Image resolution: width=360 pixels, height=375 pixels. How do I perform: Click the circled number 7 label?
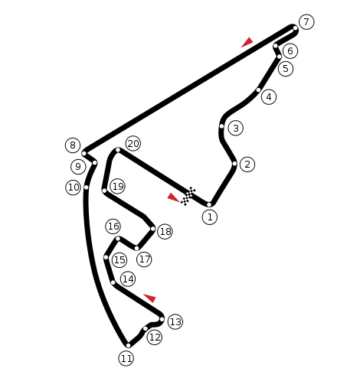306,22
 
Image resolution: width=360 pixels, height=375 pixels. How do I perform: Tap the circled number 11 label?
126,358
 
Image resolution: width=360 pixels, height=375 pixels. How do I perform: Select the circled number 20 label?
133,144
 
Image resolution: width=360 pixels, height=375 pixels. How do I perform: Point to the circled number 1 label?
210,217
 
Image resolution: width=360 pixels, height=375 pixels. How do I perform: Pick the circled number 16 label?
113,227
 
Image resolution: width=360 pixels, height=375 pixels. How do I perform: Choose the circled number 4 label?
269,97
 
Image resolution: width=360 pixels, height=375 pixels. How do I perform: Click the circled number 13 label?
175,321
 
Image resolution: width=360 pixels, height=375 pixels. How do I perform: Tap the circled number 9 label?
78,167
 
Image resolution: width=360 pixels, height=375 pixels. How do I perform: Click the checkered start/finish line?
188,196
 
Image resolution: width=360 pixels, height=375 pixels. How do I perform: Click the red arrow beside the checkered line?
174,197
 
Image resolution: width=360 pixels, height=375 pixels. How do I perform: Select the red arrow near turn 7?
247,42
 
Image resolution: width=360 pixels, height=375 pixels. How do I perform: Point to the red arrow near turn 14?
150,298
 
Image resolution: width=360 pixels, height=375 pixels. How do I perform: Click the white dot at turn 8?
84,153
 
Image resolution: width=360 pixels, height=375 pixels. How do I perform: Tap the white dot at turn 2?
234,164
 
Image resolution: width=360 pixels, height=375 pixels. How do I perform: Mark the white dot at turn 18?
152,229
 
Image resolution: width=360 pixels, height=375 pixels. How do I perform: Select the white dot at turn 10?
87,187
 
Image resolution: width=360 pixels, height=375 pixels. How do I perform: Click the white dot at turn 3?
221,126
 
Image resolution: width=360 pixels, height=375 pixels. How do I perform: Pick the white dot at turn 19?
104,191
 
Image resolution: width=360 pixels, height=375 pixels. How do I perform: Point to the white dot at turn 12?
146,328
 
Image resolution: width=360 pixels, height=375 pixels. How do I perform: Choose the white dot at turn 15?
106,257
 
